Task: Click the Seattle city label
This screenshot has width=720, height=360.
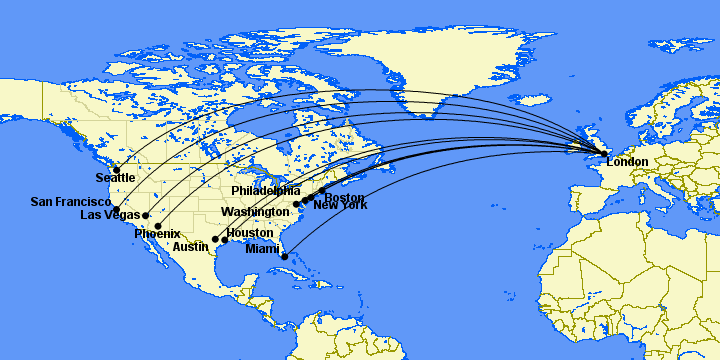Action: pyautogui.click(x=115, y=178)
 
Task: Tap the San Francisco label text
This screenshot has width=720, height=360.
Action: pyautogui.click(x=70, y=202)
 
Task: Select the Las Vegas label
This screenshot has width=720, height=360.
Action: pyautogui.click(x=110, y=215)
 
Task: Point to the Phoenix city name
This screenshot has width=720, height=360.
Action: pyautogui.click(x=157, y=234)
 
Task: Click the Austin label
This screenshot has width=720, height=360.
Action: pyautogui.click(x=191, y=247)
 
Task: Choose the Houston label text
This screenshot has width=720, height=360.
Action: pyautogui.click(x=249, y=233)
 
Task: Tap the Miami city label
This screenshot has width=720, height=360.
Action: pyautogui.click(x=262, y=249)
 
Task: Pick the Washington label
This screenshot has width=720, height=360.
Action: pyautogui.click(x=255, y=212)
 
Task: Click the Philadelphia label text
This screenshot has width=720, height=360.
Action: pyautogui.click(x=265, y=190)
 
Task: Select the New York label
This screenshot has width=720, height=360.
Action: pyautogui.click(x=340, y=206)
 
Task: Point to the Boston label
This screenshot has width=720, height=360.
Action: pyautogui.click(x=344, y=198)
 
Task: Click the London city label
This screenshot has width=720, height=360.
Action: pyautogui.click(x=627, y=162)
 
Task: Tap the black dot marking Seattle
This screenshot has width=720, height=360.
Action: pyautogui.click(x=116, y=169)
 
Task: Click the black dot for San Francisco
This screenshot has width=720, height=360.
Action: pyautogui.click(x=116, y=211)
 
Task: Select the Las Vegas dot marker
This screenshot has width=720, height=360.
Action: pyautogui.click(x=146, y=215)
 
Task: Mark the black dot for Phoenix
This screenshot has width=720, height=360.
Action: pyautogui.click(x=158, y=226)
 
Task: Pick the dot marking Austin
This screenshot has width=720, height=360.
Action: pyautogui.click(x=215, y=240)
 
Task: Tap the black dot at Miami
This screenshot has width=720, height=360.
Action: pyautogui.click(x=285, y=257)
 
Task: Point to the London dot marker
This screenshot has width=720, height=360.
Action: pyautogui.click(x=604, y=153)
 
